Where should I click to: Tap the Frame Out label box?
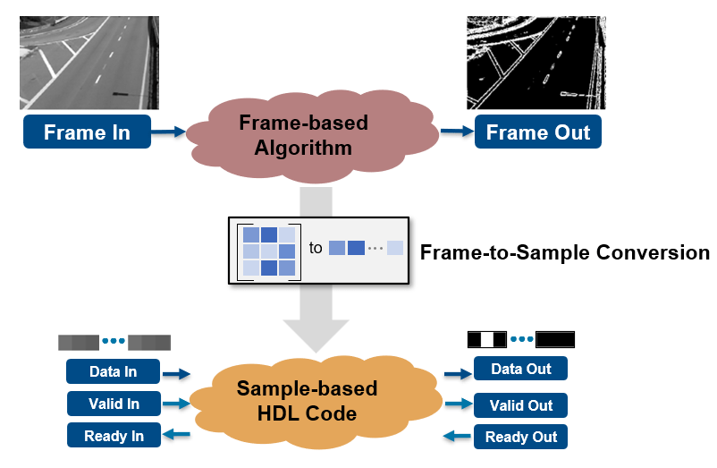537,132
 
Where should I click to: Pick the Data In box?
113,371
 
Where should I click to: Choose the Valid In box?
114,404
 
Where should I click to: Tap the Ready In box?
114,436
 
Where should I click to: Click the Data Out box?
520,369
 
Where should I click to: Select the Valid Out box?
520,405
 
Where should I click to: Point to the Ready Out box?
520,438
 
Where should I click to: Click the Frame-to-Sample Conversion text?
564,252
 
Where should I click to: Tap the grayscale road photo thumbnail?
89,62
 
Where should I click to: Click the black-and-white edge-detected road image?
536,62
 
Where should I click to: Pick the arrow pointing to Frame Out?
455,132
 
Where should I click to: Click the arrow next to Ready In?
177,436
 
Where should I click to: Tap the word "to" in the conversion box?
316,248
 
